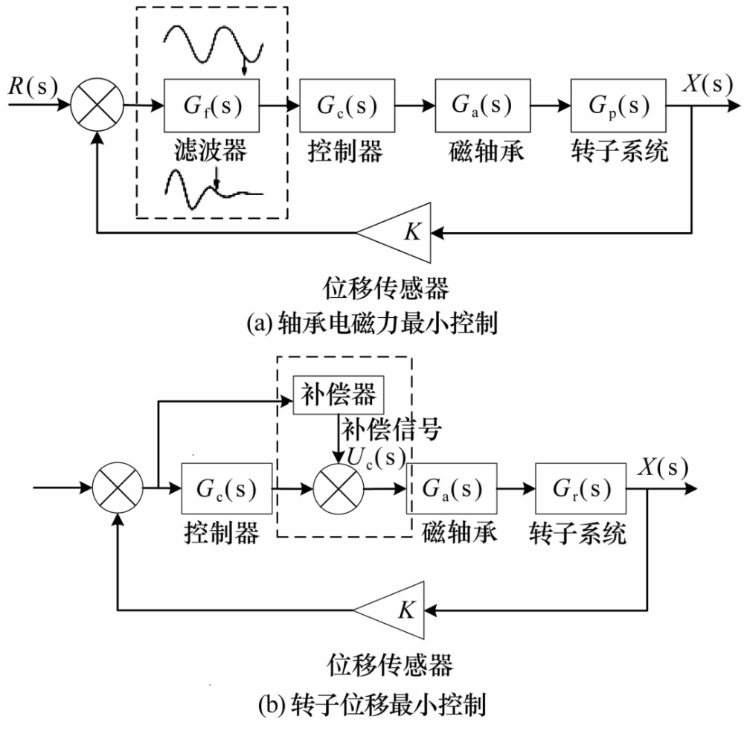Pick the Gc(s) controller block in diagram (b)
point(226,488)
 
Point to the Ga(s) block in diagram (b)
point(452,488)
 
